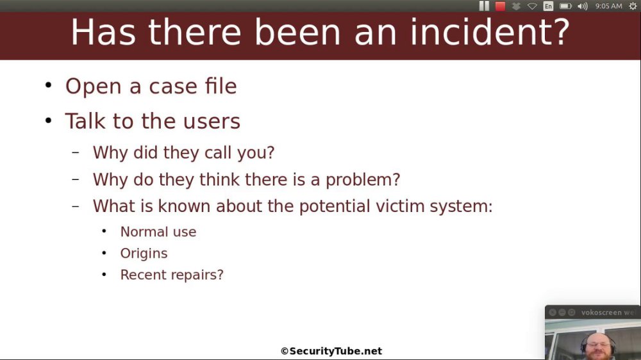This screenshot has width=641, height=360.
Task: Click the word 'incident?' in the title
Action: point(490,32)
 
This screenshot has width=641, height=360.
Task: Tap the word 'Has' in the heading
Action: point(103,32)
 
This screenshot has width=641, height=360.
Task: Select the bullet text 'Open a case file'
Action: point(151,86)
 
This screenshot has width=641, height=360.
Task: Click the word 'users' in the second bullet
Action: point(212,121)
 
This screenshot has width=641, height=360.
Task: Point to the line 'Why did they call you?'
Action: point(183,152)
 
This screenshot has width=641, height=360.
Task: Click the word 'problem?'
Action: point(363,180)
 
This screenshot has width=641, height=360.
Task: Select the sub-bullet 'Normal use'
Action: point(158,232)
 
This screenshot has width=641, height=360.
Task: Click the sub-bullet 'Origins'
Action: point(144,254)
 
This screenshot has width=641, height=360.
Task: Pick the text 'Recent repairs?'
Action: point(172,275)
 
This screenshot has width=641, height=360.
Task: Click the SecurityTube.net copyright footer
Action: point(331,351)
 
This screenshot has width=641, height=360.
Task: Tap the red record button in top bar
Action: point(500,6)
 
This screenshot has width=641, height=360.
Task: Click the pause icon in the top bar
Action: point(484,6)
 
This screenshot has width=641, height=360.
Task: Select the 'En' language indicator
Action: point(548,6)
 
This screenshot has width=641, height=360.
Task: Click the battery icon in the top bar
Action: point(565,6)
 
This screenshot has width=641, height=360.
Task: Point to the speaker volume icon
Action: point(583,6)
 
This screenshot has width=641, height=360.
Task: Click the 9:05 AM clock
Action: point(609,6)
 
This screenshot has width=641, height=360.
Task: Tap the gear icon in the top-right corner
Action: point(633,6)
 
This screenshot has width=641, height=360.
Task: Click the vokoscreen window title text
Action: point(608,313)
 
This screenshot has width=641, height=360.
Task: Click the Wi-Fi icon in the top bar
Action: point(532,6)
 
